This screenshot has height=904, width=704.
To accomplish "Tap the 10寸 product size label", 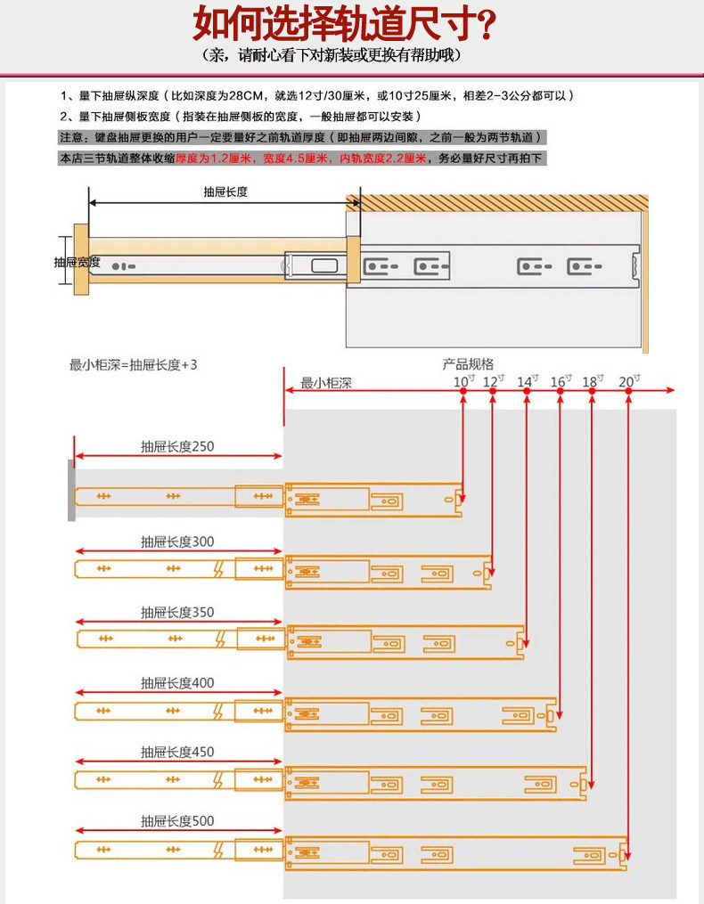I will click(x=464, y=381).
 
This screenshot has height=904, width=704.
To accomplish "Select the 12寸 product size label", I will click(x=493, y=381).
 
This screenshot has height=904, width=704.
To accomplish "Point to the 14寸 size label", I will click(x=527, y=381).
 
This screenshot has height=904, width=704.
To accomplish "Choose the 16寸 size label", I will click(x=560, y=381).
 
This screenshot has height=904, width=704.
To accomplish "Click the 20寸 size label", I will click(x=628, y=381).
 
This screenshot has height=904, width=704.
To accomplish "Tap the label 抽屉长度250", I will click(x=177, y=446).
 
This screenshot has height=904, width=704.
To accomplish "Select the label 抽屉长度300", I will click(x=177, y=542).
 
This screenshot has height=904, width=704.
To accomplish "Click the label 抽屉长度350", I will click(x=177, y=613).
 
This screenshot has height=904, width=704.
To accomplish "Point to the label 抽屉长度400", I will click(x=177, y=682).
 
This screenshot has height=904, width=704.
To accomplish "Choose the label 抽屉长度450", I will click(x=177, y=752).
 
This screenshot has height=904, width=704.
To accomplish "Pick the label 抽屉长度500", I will click(x=177, y=820).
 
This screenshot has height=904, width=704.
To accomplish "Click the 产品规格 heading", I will click(x=468, y=363).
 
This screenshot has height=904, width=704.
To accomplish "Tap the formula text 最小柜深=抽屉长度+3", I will click(x=134, y=364).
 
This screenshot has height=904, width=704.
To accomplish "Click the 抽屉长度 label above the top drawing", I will click(x=225, y=191).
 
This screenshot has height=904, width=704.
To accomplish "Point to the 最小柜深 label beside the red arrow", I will click(x=327, y=383).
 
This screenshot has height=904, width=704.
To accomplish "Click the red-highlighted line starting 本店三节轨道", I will click(x=299, y=159).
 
